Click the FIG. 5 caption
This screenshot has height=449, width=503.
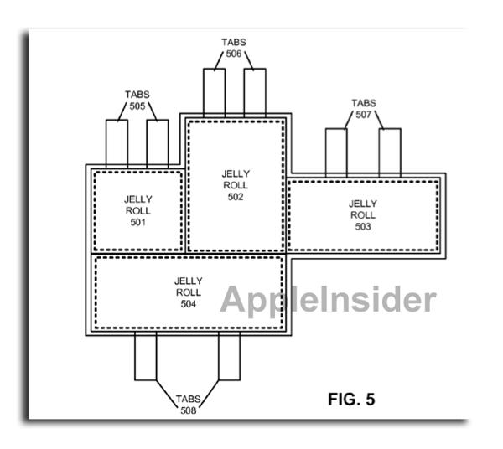point(350,399)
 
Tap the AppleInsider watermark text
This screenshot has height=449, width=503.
point(329,300)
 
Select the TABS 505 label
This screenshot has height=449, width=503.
point(137,101)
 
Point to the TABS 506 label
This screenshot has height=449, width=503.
point(233,47)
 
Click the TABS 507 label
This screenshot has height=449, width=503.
point(363,110)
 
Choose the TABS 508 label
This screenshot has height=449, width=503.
point(187,405)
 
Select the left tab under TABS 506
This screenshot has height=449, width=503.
point(214,92)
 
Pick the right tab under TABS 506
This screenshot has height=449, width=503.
point(255,92)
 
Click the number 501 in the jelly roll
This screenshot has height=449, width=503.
point(137,223)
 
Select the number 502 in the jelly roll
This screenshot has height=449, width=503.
point(235,197)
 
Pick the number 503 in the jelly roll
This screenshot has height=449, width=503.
point(362,226)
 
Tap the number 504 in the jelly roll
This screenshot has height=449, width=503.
point(188,304)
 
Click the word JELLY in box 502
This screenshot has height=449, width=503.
point(235,174)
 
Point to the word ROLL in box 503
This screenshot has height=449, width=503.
point(362,214)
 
